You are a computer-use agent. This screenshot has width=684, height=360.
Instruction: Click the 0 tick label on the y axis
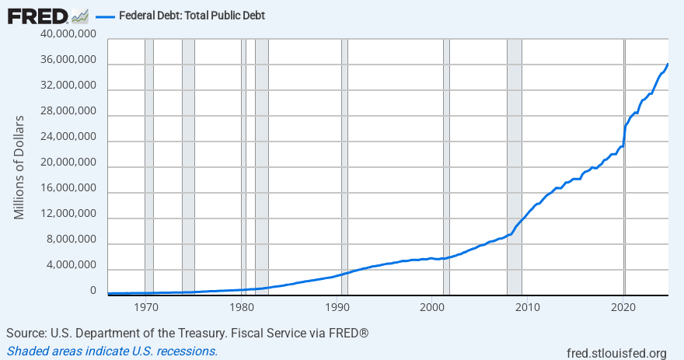click(92, 291)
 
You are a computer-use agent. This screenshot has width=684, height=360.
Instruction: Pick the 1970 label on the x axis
click(145, 308)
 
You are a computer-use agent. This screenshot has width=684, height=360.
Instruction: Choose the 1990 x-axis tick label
click(337, 308)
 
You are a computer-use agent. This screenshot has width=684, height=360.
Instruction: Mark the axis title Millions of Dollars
click(19, 167)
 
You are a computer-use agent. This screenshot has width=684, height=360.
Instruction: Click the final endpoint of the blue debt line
click(668, 64)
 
